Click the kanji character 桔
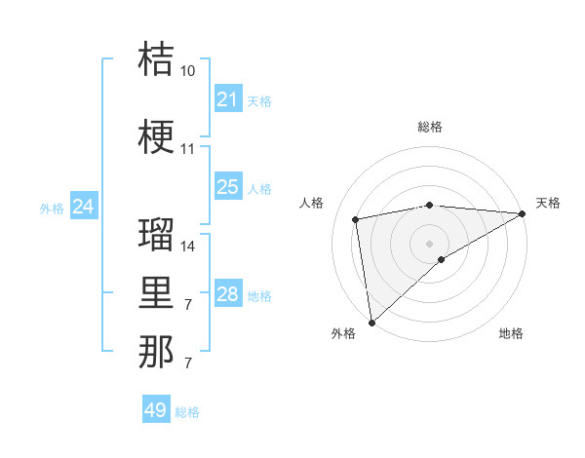(156, 58)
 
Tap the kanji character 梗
(156, 137)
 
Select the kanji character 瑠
(156, 234)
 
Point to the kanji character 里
(156, 293)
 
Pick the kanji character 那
(156, 352)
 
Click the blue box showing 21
(228, 99)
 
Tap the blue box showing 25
(228, 187)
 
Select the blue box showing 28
(228, 294)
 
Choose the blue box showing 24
(84, 207)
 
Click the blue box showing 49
(156, 410)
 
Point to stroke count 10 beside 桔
(188, 71)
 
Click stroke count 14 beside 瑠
(188, 247)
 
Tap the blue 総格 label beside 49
(187, 412)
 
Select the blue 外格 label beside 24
(52, 209)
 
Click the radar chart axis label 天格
(548, 203)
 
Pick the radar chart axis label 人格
(312, 203)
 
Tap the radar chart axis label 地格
(511, 334)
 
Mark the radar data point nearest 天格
(523, 214)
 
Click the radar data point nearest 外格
(371, 322)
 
